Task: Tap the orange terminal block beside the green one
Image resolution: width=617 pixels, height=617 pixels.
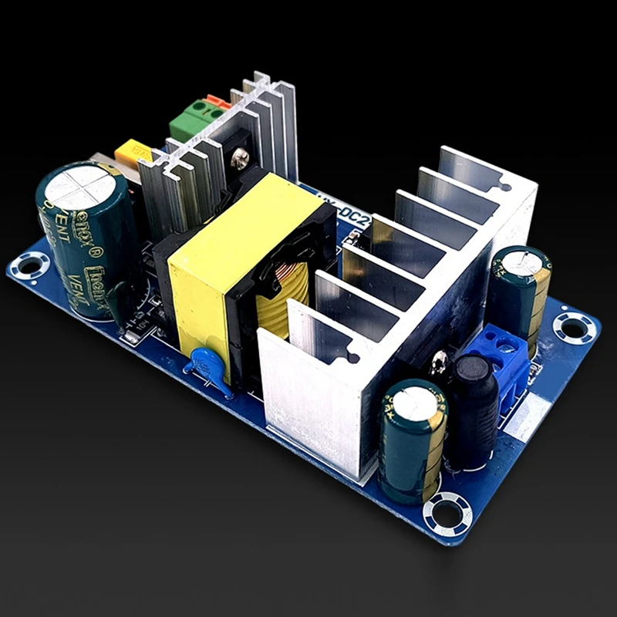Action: click(217, 102)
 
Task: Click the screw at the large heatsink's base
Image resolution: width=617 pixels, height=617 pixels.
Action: click(442, 358)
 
